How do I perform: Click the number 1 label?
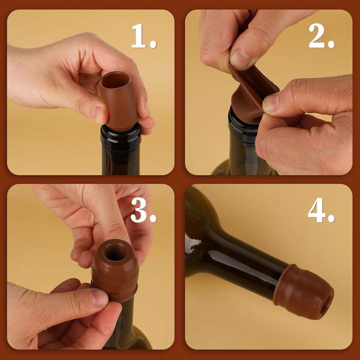(144, 36)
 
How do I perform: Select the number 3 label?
(143, 210)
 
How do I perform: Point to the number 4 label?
(321, 210)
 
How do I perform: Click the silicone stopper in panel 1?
(119, 101)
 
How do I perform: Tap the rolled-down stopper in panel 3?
(115, 270)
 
